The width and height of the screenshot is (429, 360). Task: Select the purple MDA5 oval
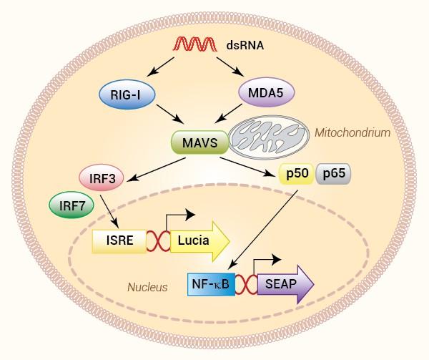click(264, 92)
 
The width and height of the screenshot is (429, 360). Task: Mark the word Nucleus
click(147, 288)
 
